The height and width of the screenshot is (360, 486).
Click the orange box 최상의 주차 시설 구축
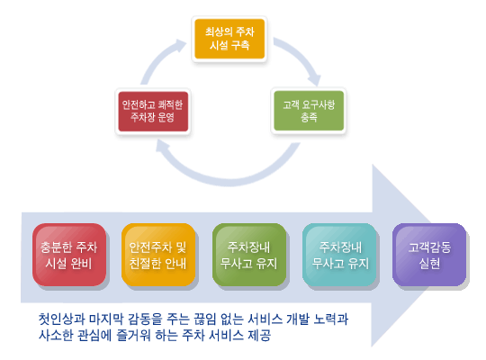click(229, 39)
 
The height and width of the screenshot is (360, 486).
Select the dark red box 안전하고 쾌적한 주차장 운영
click(153, 112)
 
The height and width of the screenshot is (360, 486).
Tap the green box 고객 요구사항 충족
click(309, 111)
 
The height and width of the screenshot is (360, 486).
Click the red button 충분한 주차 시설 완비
click(69, 255)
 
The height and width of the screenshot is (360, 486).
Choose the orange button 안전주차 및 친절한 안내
click(158, 255)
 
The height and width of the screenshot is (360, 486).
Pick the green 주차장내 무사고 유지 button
click(249, 255)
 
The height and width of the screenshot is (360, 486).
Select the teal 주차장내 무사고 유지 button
click(339, 255)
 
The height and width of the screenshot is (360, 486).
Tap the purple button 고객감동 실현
click(429, 255)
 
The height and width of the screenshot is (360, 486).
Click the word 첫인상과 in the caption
click(62, 319)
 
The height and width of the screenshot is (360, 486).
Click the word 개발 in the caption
click(298, 319)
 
